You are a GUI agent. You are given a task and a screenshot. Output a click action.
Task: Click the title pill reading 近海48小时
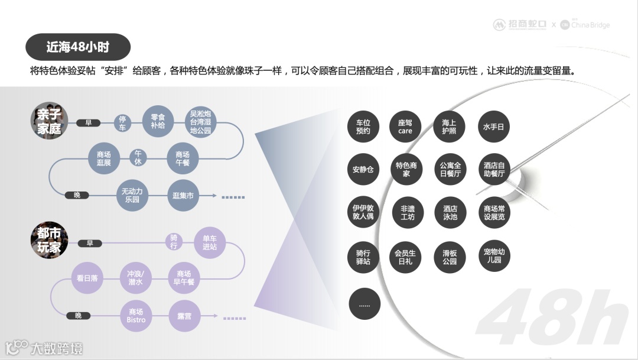pyautogui.click(x=78, y=47)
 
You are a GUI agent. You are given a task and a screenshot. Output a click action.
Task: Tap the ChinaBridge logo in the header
pyautogui.click(x=585, y=25)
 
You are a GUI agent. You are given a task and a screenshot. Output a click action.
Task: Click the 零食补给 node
pyautogui.click(x=158, y=121)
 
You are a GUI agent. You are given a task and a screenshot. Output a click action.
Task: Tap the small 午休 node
pyautogui.click(x=138, y=158)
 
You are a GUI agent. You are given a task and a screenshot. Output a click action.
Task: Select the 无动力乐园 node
pyautogui.click(x=132, y=195)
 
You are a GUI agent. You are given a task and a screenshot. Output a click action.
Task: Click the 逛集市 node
pyautogui.click(x=183, y=195)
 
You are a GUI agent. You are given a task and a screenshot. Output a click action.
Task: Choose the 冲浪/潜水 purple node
pyautogui.click(x=135, y=278)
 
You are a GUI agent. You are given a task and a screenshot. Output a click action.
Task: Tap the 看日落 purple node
pyautogui.click(x=87, y=277)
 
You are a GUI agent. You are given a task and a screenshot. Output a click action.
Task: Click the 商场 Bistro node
pyautogui.click(x=136, y=316)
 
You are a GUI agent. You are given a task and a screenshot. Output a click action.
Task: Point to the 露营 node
pyautogui.click(x=184, y=316)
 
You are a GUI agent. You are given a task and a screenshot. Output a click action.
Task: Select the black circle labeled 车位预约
pyautogui.click(x=363, y=127)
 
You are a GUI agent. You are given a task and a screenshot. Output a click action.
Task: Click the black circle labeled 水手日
pyautogui.click(x=494, y=127)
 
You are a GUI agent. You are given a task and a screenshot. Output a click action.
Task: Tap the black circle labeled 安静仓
pyautogui.click(x=363, y=170)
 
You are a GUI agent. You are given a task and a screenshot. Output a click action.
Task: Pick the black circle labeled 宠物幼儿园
pyautogui.click(x=494, y=256)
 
